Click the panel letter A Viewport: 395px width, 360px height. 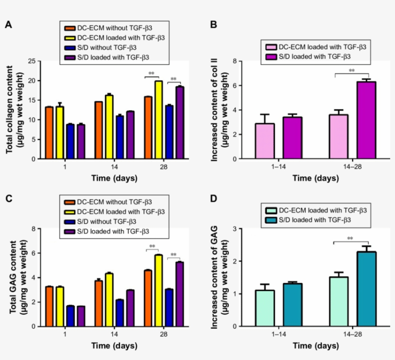pyautogui.click(x=8, y=25)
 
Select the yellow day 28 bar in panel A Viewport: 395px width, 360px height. pyautogui.click(x=158, y=120)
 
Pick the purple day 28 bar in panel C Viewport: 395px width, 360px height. pyautogui.click(x=180, y=294)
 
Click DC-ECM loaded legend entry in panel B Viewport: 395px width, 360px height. pyautogui.click(x=316, y=47)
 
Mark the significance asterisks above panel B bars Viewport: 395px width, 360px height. pyautogui.click(x=351, y=71)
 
